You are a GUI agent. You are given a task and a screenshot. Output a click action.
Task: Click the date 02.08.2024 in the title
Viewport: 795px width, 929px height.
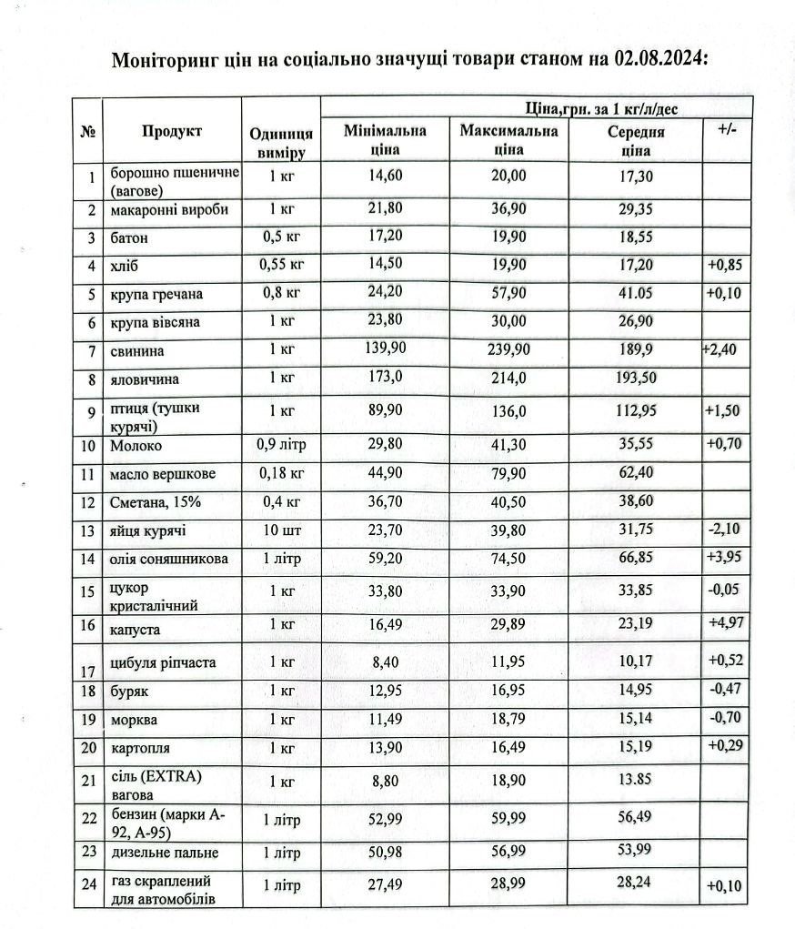[650, 60]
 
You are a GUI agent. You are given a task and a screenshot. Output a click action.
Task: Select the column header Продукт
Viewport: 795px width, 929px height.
[171, 132]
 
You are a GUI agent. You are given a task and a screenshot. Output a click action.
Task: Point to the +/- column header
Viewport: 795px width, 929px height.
[726, 130]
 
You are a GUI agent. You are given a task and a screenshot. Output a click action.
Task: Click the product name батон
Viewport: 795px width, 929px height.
[130, 238]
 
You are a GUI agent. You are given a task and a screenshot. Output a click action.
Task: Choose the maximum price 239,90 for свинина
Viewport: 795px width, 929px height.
[508, 350]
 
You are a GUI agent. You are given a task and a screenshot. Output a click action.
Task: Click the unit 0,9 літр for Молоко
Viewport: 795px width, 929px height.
[281, 446]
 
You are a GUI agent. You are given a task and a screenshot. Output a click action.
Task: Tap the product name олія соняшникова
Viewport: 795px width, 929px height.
[169, 559]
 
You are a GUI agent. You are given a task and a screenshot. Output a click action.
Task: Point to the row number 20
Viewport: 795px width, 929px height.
[88, 748]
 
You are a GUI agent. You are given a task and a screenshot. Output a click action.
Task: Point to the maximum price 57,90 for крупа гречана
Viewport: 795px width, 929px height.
[508, 295]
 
